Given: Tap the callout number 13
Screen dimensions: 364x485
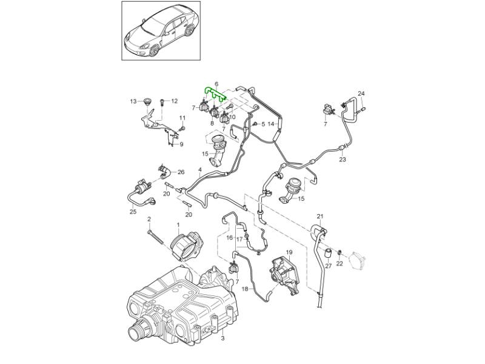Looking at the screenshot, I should tap(133, 101).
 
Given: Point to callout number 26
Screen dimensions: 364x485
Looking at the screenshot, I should tap(181, 172).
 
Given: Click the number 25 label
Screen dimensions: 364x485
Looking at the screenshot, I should tap(133, 212).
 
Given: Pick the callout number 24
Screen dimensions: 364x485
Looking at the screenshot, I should tap(361, 93).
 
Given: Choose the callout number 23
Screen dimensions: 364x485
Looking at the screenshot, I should tap(343, 160).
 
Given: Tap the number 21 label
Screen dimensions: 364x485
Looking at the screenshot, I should tap(321, 217).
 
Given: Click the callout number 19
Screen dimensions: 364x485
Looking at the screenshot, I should tap(289, 252).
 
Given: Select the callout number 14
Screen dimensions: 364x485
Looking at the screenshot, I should tap(271, 124).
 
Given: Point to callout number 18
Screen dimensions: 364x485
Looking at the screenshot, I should tap(244, 290).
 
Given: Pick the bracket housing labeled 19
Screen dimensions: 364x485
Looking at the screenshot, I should tap(285, 275).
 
